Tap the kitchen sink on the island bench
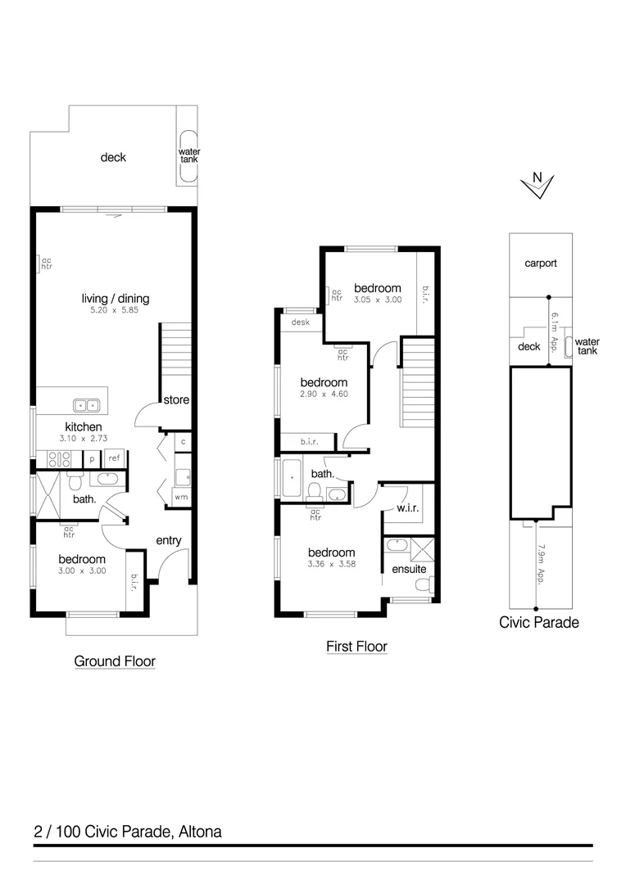coord(85,404)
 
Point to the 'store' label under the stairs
coord(176,400)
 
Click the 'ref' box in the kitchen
coord(113,458)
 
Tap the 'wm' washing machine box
coord(179,497)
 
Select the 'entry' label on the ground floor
coord(168,540)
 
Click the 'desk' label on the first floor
coord(299,323)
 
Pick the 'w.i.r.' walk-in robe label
coord(407,508)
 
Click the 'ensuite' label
coord(408,569)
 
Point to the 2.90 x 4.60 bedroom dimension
coord(323,395)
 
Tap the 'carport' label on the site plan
coord(541,264)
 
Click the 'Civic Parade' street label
coord(538,622)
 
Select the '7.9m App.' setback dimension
coord(542,565)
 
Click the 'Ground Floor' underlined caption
coord(115,661)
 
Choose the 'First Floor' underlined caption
coord(356,647)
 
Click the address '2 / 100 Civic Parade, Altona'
coord(128,832)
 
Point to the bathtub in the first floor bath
coord(293,478)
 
